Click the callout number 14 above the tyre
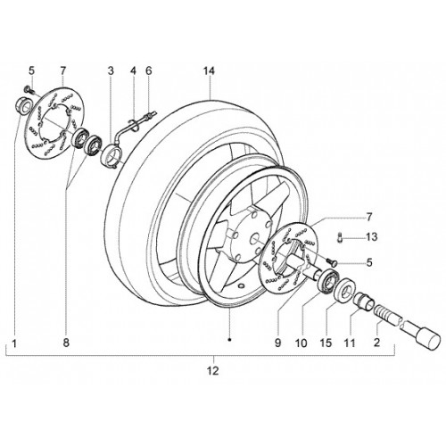[x=209, y=71]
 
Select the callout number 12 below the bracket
[x=213, y=370]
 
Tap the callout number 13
[x=372, y=237]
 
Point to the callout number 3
[x=111, y=71]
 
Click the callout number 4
[x=133, y=71]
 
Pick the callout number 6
[x=149, y=71]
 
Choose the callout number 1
[x=14, y=344]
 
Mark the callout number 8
[x=66, y=343]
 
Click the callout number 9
[x=277, y=343]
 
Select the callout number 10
[x=301, y=343]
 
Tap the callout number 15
[x=326, y=343]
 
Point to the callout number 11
[x=350, y=343]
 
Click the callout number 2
[x=376, y=343]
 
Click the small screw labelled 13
[x=340, y=237]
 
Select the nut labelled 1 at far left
[x=22, y=105]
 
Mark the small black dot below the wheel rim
[x=229, y=339]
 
